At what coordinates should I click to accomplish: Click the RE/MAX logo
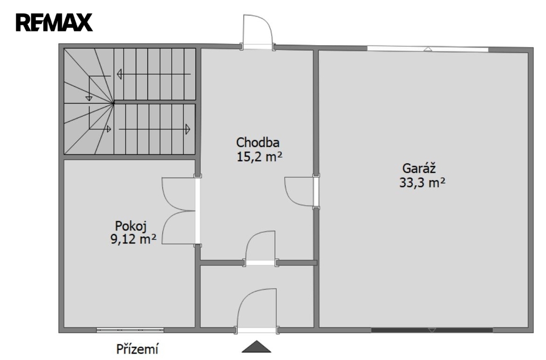[54, 22]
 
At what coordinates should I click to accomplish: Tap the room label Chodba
[258, 142]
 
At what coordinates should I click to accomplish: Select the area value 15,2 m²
[259, 157]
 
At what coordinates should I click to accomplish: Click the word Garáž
[419, 169]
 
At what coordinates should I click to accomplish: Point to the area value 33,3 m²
[422, 183]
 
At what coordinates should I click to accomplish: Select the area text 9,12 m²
[133, 239]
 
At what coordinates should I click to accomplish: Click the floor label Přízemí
[138, 349]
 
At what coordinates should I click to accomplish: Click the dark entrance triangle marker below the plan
[256, 347]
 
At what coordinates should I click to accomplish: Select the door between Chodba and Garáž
[300, 191]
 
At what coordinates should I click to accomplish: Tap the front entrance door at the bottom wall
[257, 310]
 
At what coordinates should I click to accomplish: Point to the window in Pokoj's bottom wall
[130, 330]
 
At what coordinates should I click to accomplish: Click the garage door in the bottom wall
[432, 330]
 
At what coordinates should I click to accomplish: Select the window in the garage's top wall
[428, 49]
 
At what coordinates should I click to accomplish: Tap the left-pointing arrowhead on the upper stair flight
[119, 74]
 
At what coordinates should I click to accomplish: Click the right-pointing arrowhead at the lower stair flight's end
[188, 129]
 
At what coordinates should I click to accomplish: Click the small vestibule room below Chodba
[258, 296]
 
